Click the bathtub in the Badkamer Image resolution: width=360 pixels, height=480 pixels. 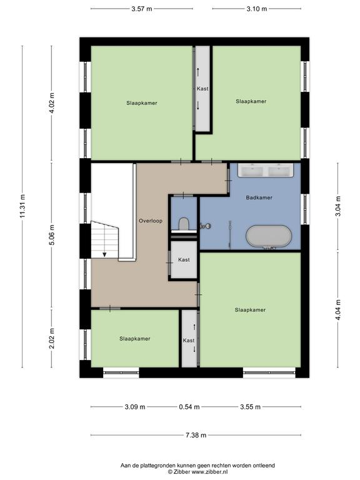pyautogui.click(x=269, y=236)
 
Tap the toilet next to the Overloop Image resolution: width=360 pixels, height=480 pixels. pyautogui.click(x=184, y=224)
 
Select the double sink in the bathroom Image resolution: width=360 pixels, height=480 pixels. pyautogui.click(x=266, y=170)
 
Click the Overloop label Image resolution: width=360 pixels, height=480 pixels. pyautogui.click(x=151, y=221)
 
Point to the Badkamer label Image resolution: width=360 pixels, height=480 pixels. pyautogui.click(x=259, y=197)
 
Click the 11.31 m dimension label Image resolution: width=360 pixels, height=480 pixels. pyautogui.click(x=22, y=207)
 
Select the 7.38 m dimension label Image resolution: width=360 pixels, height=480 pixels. pyautogui.click(x=196, y=435)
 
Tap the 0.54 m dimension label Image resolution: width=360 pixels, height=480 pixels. pyautogui.click(x=189, y=407)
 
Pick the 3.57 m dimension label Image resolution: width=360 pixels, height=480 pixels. pyautogui.click(x=142, y=9)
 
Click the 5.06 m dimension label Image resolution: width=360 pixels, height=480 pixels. pyautogui.click(x=52, y=235)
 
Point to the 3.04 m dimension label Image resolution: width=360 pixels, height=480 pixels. pyautogui.click(x=338, y=206)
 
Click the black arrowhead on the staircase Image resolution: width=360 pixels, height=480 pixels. pyautogui.click(x=104, y=254)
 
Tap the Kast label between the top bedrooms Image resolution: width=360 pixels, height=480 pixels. pyautogui.click(x=202, y=89)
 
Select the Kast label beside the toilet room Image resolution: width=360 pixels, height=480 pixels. pyautogui.click(x=184, y=259)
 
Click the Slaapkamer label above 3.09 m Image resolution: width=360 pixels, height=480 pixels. pyautogui.click(x=135, y=339)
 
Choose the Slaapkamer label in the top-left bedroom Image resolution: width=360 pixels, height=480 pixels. pyautogui.click(x=142, y=103)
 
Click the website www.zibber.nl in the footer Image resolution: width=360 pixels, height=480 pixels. pyautogui.click(x=209, y=472)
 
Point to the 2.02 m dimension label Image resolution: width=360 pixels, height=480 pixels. pyautogui.click(x=52, y=338)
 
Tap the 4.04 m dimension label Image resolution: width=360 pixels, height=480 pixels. pyautogui.click(x=338, y=309)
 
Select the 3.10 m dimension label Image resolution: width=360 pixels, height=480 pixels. pyautogui.click(x=256, y=9)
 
